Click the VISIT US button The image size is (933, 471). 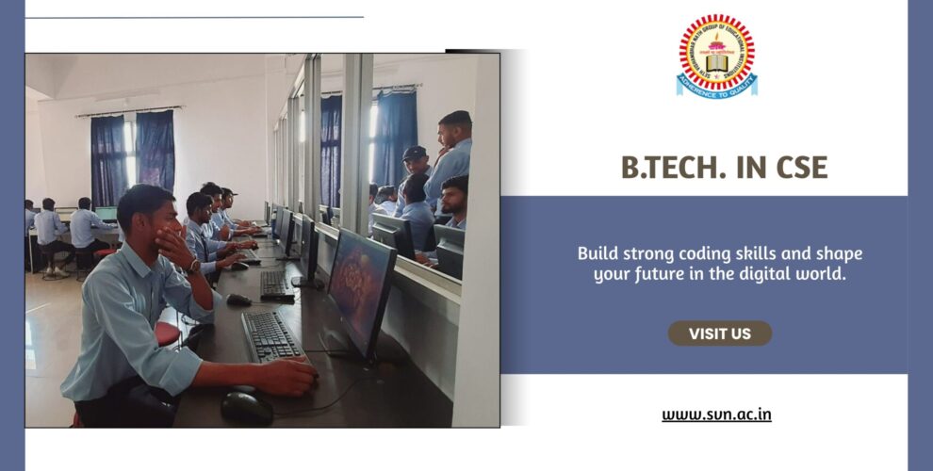coord(720,333)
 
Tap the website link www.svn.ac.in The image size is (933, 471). coord(716,414)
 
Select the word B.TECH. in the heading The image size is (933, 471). coord(670,167)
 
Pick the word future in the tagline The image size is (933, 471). coord(666,274)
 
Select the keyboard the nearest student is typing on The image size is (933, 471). coord(272,335)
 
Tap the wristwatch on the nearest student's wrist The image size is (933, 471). coord(193,267)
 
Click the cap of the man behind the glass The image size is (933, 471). coord(413,152)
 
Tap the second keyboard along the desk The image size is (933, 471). coord(274,282)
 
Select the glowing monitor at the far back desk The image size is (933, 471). coord(106,214)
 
